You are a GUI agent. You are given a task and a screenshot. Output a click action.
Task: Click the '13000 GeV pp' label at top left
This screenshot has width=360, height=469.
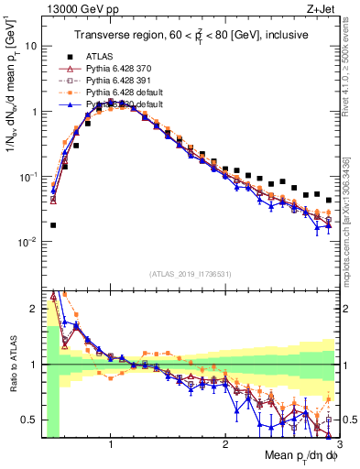(71, 10)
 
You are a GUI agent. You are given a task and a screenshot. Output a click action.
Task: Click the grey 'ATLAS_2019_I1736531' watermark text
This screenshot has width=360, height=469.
(190, 274)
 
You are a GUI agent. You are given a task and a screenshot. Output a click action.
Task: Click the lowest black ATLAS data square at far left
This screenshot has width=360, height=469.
(53, 224)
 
